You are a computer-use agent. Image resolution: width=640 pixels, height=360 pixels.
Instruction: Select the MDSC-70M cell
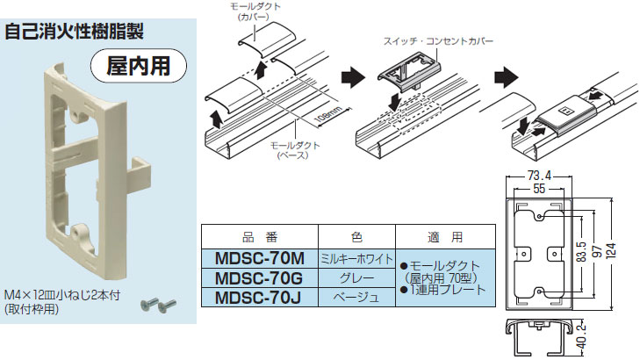pos(258,258)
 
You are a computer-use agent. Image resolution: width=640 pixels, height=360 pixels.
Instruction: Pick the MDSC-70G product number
pos(258,277)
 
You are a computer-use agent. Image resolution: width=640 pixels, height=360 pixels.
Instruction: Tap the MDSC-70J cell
pos(258,297)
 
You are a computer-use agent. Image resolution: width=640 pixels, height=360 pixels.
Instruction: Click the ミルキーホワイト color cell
pos(355,258)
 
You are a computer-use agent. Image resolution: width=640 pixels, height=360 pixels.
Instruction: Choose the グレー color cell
pos(355,277)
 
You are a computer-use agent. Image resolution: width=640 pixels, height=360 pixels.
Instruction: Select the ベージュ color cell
pos(355,297)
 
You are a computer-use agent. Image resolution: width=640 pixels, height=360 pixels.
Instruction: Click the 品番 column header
pos(258,237)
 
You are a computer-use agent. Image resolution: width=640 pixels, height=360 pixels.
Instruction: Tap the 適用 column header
pos(439,237)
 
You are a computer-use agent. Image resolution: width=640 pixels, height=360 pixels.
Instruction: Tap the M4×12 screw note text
pos(61,297)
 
